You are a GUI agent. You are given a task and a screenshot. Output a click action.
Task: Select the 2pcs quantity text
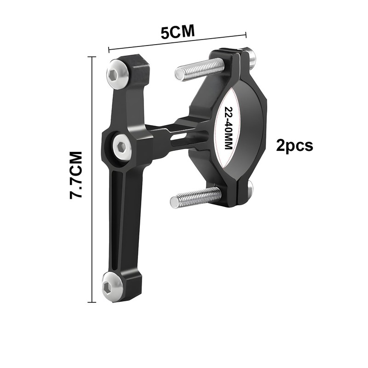point(294,145)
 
